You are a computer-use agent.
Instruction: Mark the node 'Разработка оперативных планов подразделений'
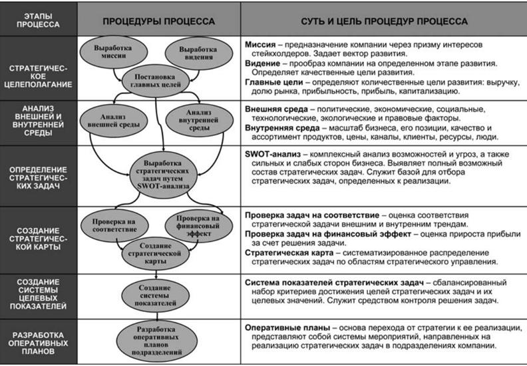158,341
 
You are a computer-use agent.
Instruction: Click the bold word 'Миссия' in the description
261,45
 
